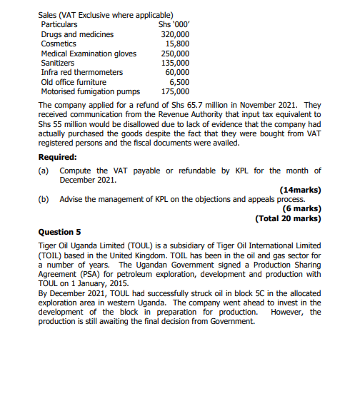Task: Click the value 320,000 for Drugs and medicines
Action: tap(175, 34)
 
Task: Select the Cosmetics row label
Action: tap(60, 44)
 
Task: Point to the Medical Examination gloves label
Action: tap(88, 54)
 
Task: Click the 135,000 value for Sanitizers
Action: tap(175, 63)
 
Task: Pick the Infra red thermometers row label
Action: tap(82, 72)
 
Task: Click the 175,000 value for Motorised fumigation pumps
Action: tap(175, 91)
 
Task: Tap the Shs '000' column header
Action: tap(174, 25)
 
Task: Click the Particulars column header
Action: tap(59, 25)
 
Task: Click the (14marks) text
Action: tap(301, 190)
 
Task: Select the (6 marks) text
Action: tap(302, 208)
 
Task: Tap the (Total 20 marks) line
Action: tap(288, 218)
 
